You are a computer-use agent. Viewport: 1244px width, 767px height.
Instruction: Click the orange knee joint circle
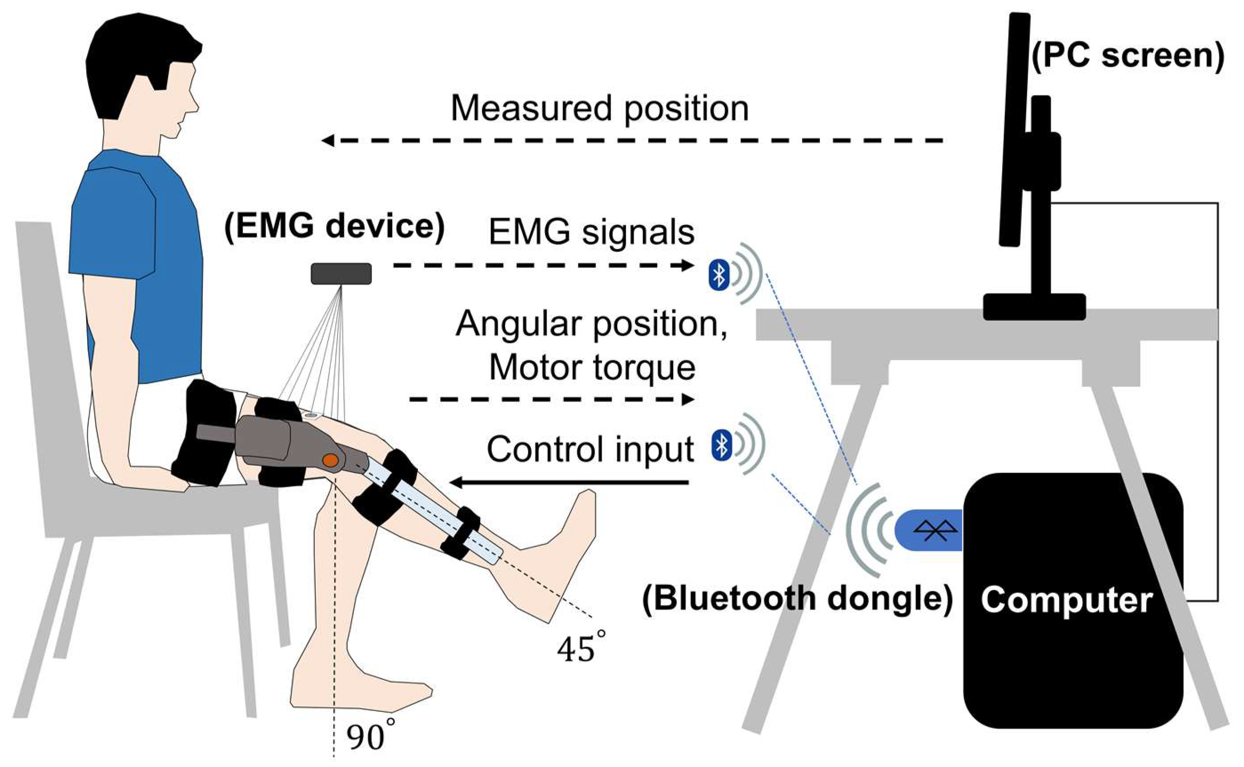pyautogui.click(x=330, y=460)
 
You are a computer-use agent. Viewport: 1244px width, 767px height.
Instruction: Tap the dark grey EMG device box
pyautogui.click(x=341, y=274)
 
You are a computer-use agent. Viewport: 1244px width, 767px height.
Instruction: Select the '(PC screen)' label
pyautogui.click(x=1128, y=56)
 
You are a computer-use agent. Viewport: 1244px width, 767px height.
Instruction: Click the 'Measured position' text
pyautogui.click(x=599, y=108)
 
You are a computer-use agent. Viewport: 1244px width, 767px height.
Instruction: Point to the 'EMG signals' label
pyautogui.click(x=591, y=232)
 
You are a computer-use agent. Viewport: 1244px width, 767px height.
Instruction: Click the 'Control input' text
pyautogui.click(x=590, y=449)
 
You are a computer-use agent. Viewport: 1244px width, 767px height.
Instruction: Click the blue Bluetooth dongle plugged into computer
pyautogui.click(x=929, y=531)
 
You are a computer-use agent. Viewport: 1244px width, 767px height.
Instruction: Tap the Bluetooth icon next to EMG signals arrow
pyautogui.click(x=719, y=276)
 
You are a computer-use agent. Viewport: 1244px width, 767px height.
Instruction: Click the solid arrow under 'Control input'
pyautogui.click(x=569, y=482)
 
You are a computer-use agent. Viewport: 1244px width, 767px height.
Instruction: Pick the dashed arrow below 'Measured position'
pyautogui.click(x=632, y=140)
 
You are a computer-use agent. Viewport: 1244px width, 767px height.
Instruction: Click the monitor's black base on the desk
pyautogui.click(x=1034, y=307)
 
